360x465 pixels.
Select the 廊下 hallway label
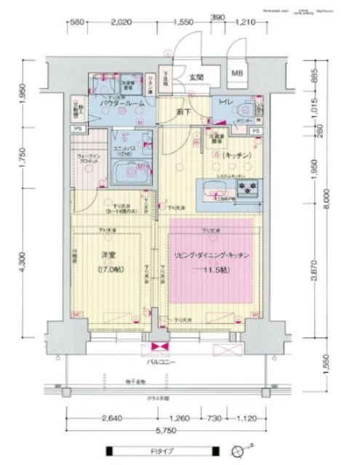coord(183,110)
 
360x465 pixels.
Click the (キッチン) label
coord(237,156)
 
